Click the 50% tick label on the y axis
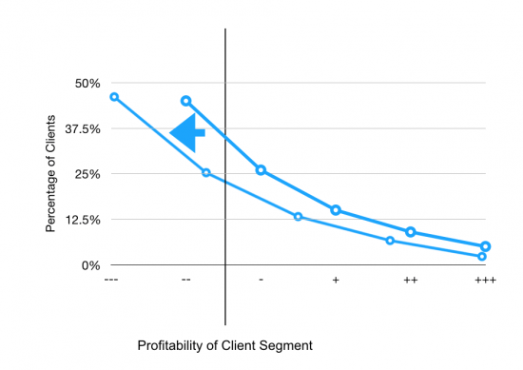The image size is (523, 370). [87, 83]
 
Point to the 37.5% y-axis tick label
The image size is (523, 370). [81, 128]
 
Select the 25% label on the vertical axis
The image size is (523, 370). [87, 174]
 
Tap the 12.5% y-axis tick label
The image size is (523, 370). [81, 220]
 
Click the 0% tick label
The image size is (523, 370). [89, 265]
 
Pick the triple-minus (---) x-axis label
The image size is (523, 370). [112, 281]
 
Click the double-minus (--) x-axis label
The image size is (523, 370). [186, 281]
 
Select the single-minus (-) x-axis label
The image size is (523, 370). [261, 281]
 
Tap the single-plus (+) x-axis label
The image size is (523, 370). [336, 281]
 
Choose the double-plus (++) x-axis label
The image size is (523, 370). [410, 281]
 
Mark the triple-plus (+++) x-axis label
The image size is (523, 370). [484, 281]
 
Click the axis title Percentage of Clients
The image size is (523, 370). [51, 174]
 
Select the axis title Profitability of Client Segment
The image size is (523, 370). [224, 344]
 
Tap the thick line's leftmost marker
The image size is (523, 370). [185, 101]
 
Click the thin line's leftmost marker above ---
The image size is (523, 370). [114, 97]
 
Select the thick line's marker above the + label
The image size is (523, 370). [336, 210]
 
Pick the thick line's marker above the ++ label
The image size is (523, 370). [411, 232]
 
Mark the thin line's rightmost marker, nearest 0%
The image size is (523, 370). [482, 257]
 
